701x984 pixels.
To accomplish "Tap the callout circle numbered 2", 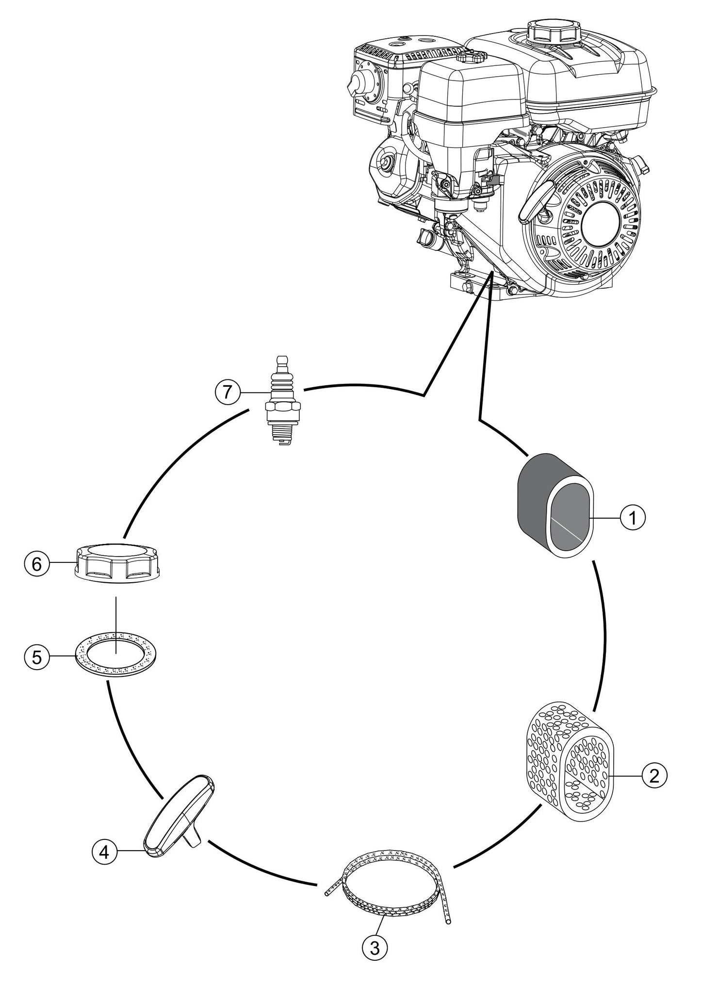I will [654, 777].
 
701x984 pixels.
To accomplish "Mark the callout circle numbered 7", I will [227, 392].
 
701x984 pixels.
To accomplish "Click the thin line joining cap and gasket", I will [116, 623].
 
